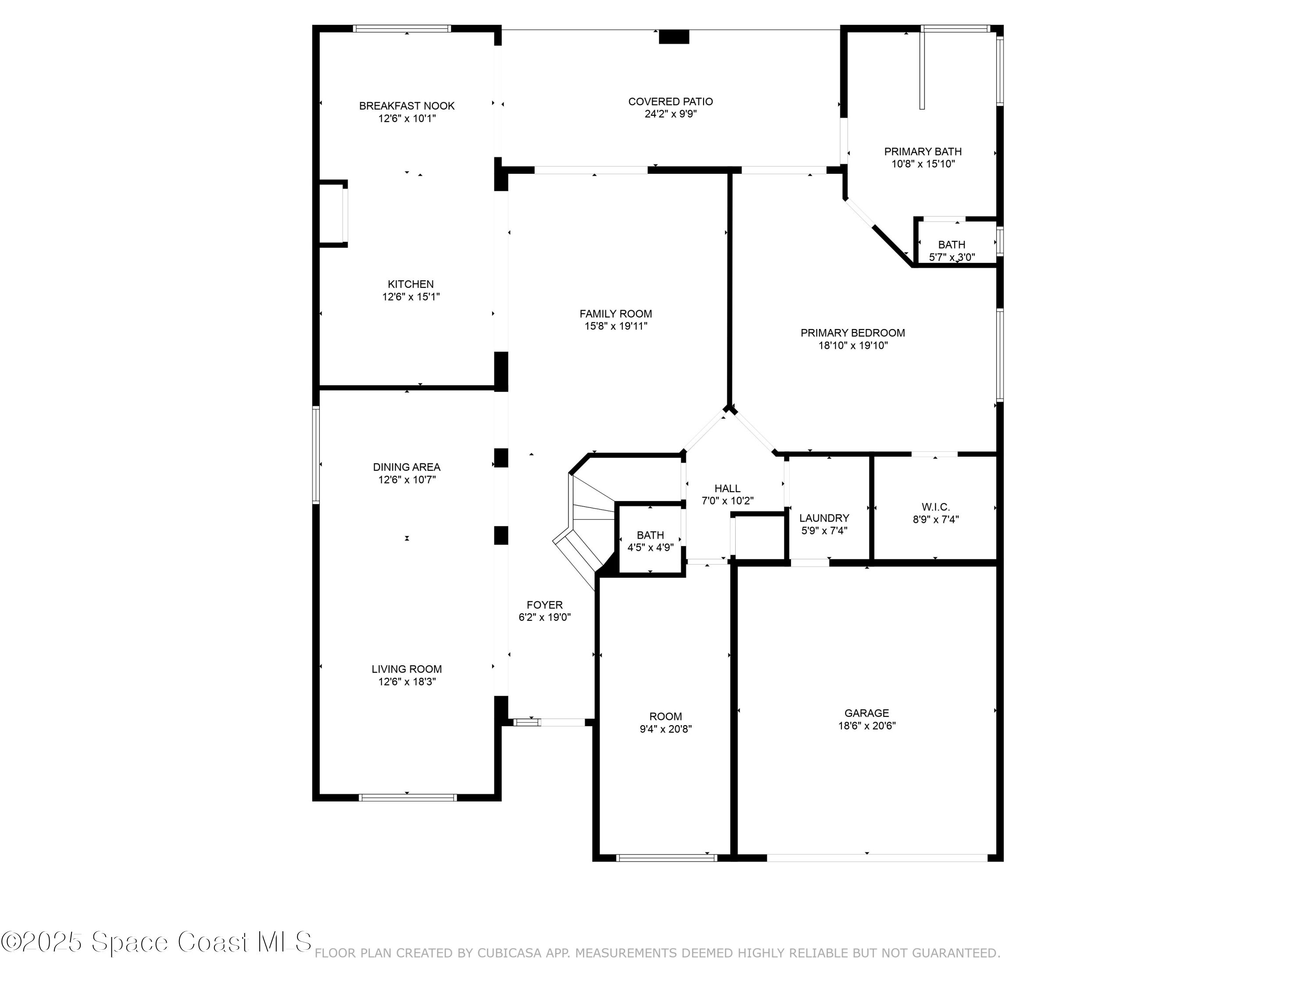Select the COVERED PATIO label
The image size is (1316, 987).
coord(670,102)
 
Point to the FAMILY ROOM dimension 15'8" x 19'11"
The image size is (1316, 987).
coord(616,326)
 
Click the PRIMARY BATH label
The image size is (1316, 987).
coord(923,152)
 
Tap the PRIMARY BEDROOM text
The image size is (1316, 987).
coord(852,333)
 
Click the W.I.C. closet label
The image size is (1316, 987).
coord(935,507)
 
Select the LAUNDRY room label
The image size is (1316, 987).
coord(824,518)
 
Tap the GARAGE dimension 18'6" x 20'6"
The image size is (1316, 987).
coord(866,726)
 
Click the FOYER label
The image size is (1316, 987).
coord(544,605)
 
